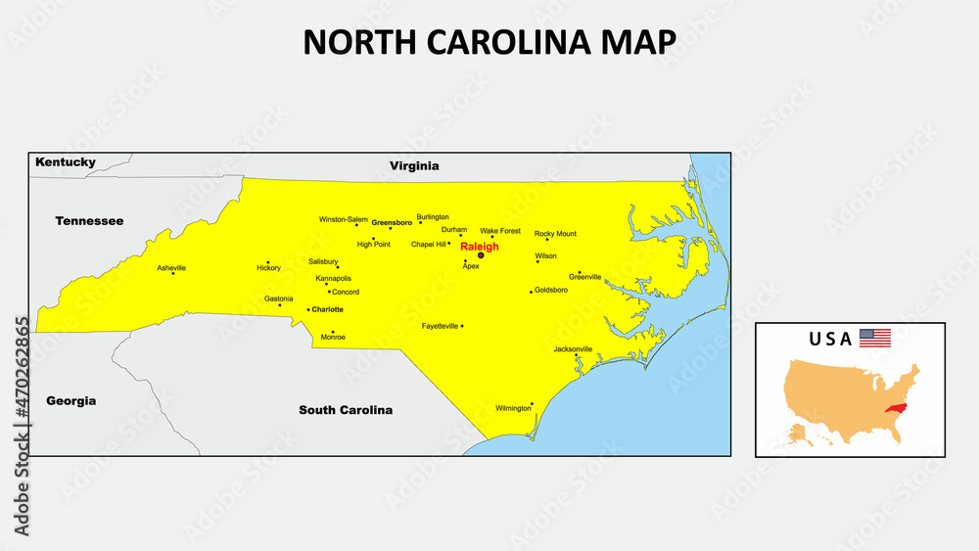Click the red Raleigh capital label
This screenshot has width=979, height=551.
pos(480,247)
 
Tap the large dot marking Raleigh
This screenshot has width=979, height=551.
pos(481,255)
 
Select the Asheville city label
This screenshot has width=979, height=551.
pos(171,267)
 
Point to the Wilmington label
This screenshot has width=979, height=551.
pos(513,408)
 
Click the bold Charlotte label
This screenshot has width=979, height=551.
pos(328,309)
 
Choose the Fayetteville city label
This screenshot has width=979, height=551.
pos(441,326)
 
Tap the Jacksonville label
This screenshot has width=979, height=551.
pos(573,349)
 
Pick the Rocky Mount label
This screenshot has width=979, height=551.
pos(555,234)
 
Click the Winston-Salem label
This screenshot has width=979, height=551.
pos(344,219)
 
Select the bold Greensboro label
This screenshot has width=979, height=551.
pos(392,222)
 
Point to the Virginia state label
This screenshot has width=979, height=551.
pos(414,166)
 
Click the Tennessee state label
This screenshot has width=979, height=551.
pos(89,221)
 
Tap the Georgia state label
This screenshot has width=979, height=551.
pos(71,401)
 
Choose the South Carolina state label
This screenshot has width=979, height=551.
pos(346,410)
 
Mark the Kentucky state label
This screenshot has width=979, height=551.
pos(66,162)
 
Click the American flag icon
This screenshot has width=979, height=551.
pos(875,338)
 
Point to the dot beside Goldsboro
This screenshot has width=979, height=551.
pos(532,292)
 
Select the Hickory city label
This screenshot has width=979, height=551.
pos(268,268)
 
